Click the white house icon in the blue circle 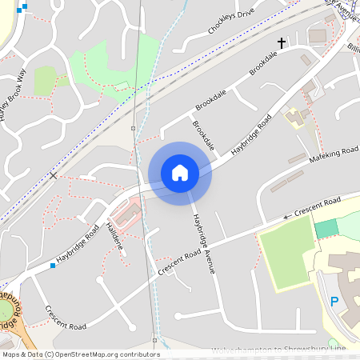[x=180, y=173]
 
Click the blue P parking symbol [x=334, y=302]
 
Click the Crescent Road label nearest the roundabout [x=66, y=318]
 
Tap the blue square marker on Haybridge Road [x=53, y=265]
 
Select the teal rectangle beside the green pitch [x=326, y=229]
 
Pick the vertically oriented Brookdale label [x=203, y=135]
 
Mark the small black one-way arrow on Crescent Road [x=286, y=216]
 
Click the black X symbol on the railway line [x=53, y=174]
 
